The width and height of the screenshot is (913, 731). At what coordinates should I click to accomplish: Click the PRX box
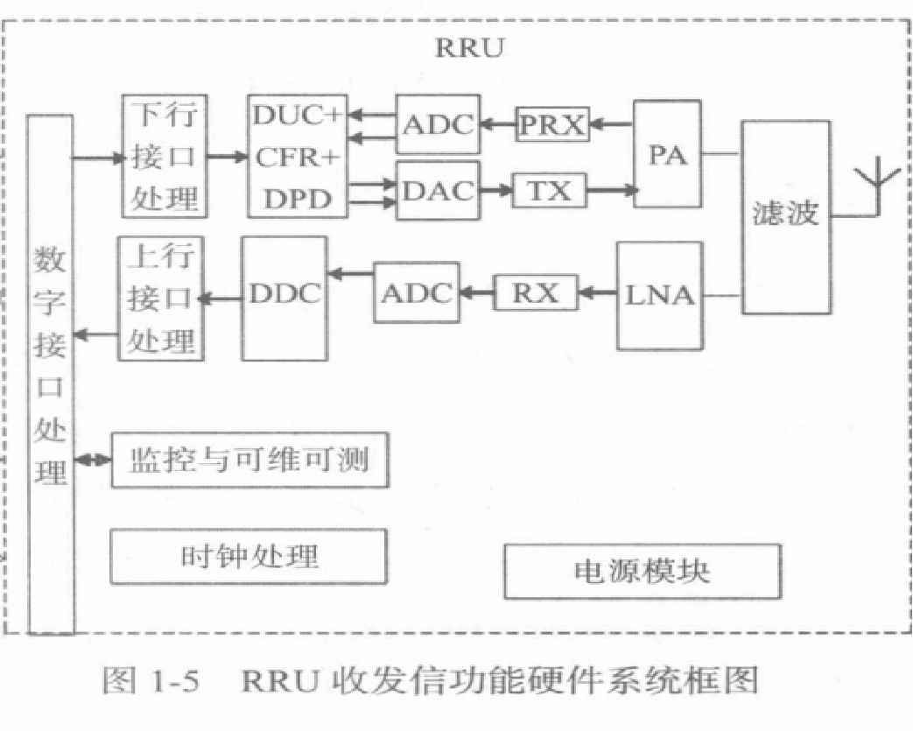(x=551, y=125)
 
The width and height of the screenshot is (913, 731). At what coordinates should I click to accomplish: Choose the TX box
(x=551, y=190)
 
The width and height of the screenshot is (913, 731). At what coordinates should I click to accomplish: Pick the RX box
(x=535, y=292)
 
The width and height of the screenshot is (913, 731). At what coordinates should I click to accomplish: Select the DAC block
(x=438, y=189)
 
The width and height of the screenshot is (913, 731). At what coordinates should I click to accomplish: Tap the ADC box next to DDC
(x=418, y=292)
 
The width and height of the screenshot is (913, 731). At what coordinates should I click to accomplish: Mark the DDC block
(x=284, y=297)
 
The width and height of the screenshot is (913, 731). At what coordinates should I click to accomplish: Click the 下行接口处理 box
(x=165, y=156)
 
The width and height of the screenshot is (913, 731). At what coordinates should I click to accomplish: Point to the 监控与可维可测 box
(x=249, y=460)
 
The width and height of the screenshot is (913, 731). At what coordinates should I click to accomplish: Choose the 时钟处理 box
(x=248, y=556)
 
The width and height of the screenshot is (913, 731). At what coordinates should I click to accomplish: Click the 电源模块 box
(x=642, y=571)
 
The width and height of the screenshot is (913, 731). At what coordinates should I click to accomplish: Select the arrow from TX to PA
(x=610, y=190)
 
